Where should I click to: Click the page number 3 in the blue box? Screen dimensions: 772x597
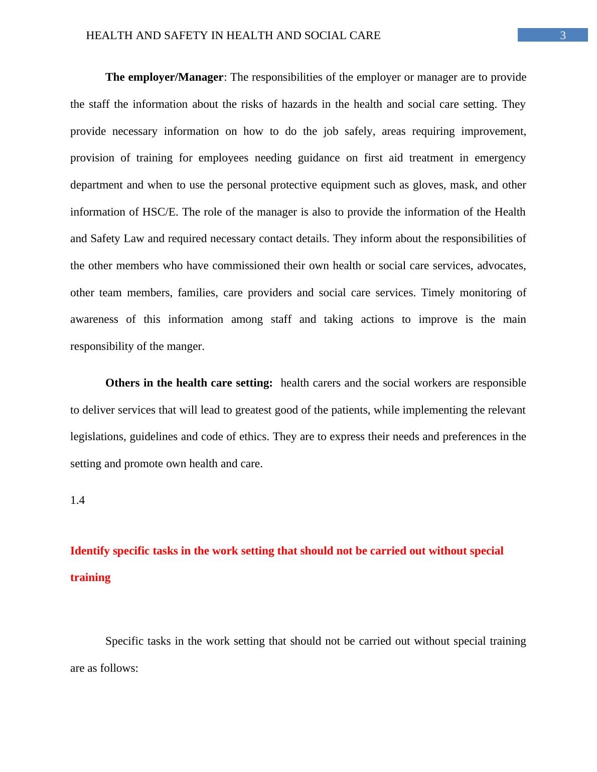[563, 36]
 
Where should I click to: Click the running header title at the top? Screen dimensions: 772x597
[233, 36]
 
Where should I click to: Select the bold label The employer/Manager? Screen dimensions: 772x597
[164, 77]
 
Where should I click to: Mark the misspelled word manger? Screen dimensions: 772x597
[186, 346]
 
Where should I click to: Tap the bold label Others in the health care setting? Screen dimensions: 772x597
[189, 383]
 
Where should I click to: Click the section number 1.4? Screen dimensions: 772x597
[78, 500]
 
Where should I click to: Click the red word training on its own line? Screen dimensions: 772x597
[90, 577]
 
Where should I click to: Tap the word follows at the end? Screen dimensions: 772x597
[120, 668]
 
